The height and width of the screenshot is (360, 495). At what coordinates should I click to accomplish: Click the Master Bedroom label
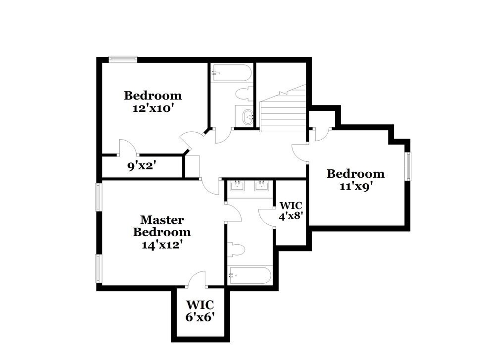tap(162, 226)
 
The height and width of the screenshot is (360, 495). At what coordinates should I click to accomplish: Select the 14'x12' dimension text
tap(162, 244)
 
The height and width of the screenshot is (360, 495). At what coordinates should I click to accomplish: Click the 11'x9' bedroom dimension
tap(355, 187)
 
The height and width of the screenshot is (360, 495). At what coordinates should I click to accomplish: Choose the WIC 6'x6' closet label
tap(200, 311)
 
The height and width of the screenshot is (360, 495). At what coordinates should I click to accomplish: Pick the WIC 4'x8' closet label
tap(291, 210)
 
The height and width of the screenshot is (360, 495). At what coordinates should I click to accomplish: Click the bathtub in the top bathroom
tap(231, 73)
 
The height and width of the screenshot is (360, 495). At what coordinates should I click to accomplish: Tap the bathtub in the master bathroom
tap(249, 275)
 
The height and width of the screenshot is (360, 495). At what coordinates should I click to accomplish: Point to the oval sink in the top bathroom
tap(247, 117)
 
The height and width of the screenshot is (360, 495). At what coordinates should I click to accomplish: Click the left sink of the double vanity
tap(238, 186)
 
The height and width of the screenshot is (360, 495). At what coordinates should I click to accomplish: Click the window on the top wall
tap(122, 59)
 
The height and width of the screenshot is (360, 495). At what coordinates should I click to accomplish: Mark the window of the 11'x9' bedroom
tap(408, 166)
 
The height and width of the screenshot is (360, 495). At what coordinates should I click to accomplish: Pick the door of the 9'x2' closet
tap(126, 147)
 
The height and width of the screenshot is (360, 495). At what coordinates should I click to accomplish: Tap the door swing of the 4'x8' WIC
tap(266, 216)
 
